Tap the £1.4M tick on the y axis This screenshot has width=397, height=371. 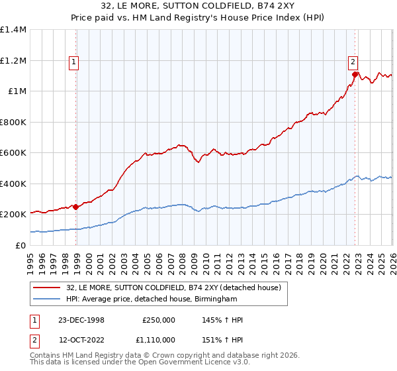13,30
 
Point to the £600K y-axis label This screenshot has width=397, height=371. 13,153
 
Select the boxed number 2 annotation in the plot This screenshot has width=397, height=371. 353,62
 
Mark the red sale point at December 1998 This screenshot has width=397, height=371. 76,207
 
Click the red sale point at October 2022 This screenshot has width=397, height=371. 355,75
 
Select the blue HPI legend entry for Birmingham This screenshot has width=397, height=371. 152,299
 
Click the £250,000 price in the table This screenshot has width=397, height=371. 159,320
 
